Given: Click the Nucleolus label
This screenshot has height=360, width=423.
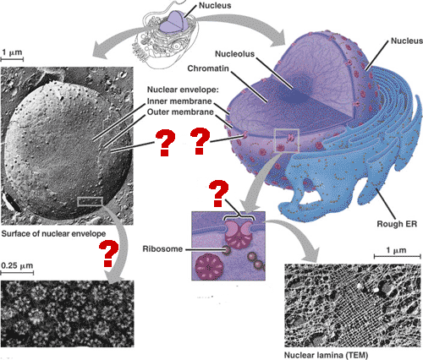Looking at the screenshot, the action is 234,54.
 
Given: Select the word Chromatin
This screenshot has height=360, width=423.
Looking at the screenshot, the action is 208,68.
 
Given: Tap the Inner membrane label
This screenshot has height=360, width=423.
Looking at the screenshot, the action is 179,101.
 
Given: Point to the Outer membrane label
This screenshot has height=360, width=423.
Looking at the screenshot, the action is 180,112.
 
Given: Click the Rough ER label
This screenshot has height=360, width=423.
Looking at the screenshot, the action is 397,224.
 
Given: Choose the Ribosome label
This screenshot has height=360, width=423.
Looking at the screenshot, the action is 162,249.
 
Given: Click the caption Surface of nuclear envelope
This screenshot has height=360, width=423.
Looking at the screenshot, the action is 53,234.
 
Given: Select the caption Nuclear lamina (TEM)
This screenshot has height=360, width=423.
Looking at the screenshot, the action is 326,355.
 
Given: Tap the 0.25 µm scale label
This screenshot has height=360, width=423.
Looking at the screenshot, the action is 17,265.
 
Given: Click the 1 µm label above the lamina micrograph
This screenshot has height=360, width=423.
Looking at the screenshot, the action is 396,250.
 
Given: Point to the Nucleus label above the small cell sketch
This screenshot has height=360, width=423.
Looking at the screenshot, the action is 215,5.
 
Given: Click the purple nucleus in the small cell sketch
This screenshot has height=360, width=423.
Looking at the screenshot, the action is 173,23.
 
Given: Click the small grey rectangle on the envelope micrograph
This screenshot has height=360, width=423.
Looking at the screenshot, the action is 90,201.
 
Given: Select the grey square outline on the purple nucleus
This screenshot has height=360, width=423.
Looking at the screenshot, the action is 287,140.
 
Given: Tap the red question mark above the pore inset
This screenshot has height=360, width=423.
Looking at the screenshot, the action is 217,194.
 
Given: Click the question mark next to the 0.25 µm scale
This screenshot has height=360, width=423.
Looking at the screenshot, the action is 108,254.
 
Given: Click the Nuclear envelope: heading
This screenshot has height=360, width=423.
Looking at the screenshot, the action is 183,90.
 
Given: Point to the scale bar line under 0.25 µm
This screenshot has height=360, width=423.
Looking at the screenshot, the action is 17,273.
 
